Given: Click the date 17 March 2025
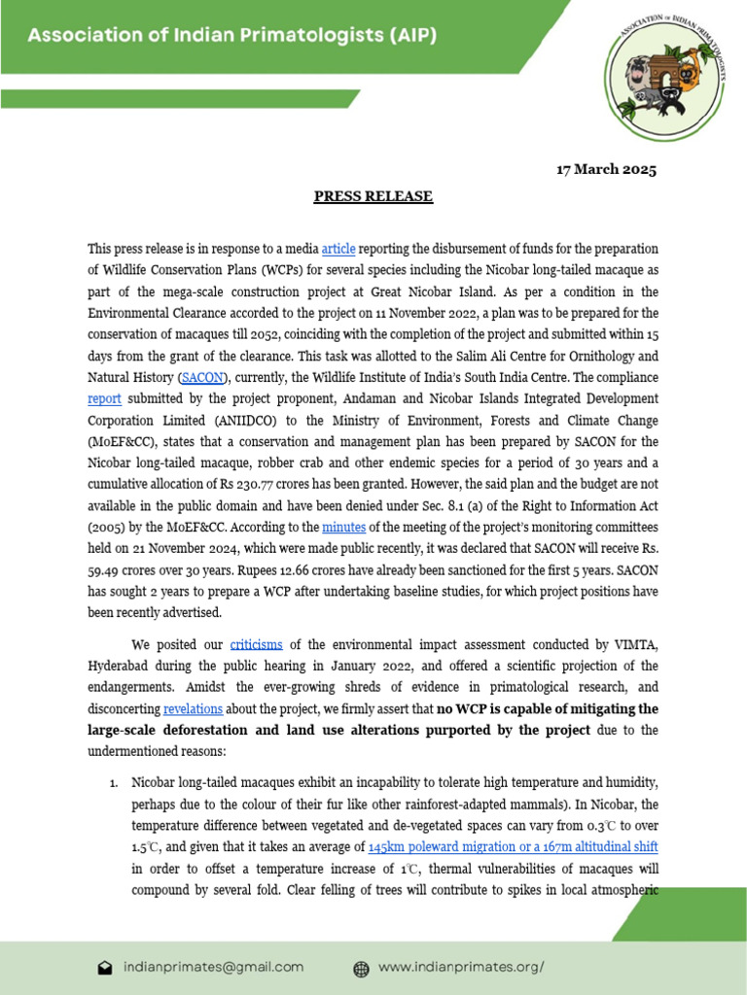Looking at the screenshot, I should pos(606,170).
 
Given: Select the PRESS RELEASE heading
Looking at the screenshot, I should pos(373,196).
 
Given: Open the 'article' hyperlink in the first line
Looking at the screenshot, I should pos(338,249).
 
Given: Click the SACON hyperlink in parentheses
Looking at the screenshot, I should pos(201,377).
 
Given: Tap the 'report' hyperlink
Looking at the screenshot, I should pos(104,398).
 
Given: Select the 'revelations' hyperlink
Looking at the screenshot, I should pos(193,708).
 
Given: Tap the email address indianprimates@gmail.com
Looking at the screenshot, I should pos(214,967).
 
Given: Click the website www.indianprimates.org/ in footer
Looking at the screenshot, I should pos(460,967).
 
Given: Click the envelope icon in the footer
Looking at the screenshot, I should pos(105,968).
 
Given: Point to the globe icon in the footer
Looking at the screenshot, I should pos(361,968).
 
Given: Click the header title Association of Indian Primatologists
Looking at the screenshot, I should pos(231,36).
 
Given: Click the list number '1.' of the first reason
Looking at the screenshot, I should pos(113,782).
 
